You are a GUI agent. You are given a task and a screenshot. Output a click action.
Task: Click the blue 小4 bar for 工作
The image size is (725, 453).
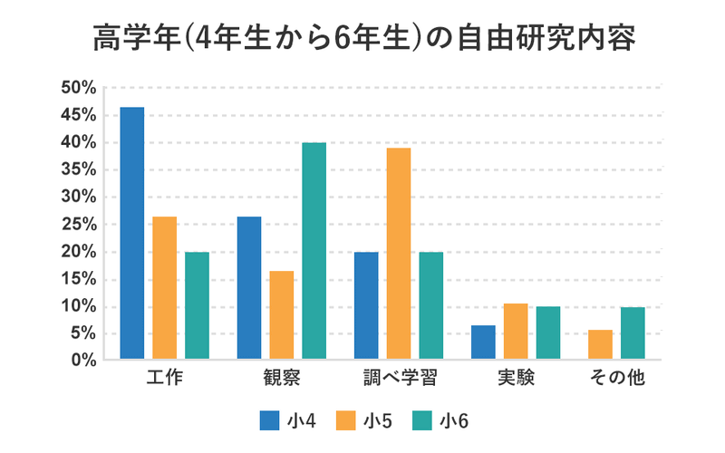(132, 234)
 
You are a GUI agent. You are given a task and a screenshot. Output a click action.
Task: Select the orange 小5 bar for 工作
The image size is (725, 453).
(164, 288)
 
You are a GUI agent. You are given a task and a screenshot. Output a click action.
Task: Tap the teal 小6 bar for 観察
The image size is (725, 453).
(314, 251)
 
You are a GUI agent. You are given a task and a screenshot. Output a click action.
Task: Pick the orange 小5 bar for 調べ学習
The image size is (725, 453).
(398, 254)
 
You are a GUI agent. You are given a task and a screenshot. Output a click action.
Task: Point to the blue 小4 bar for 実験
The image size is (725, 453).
(483, 342)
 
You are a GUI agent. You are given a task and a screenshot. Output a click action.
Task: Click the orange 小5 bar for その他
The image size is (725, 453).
(600, 345)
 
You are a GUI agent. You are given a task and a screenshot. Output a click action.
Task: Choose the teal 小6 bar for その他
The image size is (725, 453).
(633, 333)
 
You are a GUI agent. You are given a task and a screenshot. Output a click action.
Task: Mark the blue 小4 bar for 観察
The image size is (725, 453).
(249, 288)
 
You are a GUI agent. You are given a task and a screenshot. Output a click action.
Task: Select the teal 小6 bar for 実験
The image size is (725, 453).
(547, 333)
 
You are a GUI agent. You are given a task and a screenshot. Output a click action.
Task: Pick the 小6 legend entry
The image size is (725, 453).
(440, 420)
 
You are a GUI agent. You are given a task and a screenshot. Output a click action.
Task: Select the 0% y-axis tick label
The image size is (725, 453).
(83, 361)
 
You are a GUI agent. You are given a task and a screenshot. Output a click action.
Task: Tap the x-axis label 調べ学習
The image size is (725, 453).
(398, 379)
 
